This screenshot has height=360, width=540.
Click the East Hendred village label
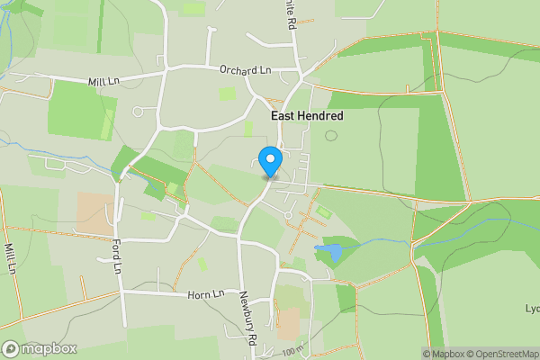point(307,116)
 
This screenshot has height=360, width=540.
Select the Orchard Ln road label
point(246,70)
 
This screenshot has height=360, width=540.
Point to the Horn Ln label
point(206,294)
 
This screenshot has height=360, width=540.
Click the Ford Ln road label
point(117,254)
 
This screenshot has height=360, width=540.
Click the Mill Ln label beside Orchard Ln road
point(104,80)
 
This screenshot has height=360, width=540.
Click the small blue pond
point(328,252)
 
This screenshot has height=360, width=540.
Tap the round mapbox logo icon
point(12,348)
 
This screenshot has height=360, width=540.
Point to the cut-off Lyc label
point(532,309)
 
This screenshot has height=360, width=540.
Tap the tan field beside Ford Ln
point(94,212)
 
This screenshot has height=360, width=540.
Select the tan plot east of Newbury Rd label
point(288,319)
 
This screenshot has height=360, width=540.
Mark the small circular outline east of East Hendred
point(331,136)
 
